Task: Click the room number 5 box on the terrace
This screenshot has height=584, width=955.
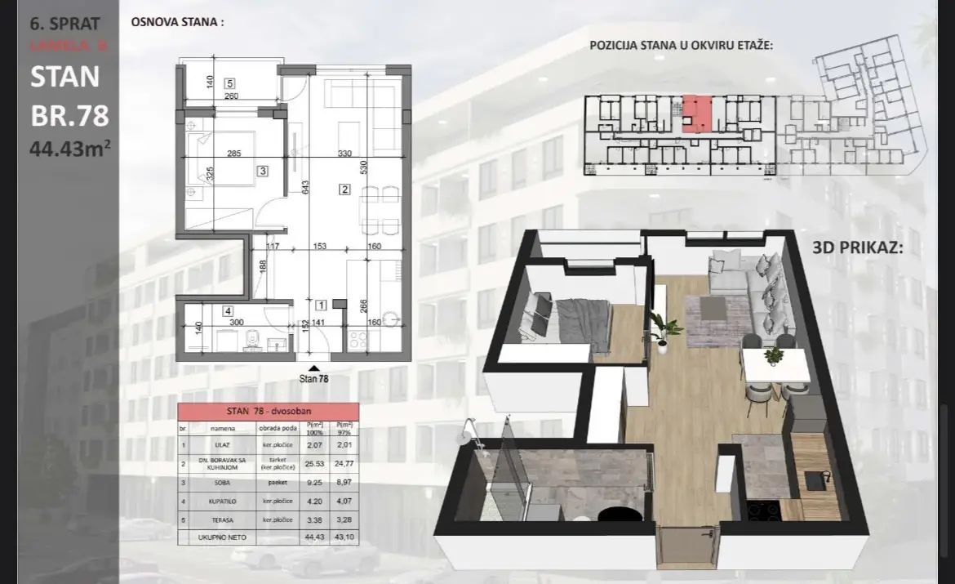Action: click(x=230, y=83)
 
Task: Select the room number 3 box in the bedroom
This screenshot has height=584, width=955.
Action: click(x=262, y=171)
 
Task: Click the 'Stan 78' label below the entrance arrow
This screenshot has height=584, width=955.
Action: click(x=314, y=378)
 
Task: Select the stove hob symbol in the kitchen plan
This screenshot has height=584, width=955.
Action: click(x=358, y=341)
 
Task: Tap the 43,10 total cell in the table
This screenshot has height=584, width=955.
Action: click(x=348, y=537)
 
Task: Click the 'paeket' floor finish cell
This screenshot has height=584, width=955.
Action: click(x=278, y=482)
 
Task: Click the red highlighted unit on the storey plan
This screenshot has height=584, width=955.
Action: click(x=696, y=114)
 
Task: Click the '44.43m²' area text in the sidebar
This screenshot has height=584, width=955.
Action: click(x=69, y=150)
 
